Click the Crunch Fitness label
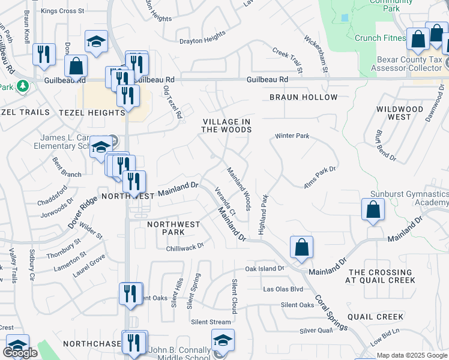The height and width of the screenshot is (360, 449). [380, 38]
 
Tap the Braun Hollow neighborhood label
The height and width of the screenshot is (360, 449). [303, 97]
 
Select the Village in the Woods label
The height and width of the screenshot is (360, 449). [226, 125]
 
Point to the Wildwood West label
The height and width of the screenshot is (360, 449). [400, 113]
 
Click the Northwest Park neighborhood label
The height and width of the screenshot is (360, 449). [174, 228]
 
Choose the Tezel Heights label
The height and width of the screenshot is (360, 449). [92, 113]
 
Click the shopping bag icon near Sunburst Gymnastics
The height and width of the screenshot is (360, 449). [373, 210]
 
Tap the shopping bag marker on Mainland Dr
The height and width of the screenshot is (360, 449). [301, 247]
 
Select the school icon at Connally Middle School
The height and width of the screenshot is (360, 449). [223, 342]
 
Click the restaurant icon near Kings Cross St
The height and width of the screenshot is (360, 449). [43, 54]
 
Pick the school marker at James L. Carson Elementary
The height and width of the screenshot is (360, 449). [101, 147]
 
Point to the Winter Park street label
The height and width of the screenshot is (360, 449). [292, 136]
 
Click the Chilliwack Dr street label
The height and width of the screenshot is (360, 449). [185, 245]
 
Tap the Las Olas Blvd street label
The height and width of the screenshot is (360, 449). [283, 289]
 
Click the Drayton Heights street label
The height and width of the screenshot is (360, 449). [202, 41]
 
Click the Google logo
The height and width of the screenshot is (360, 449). [20, 353]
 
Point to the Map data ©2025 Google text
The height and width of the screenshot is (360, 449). [411, 355]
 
